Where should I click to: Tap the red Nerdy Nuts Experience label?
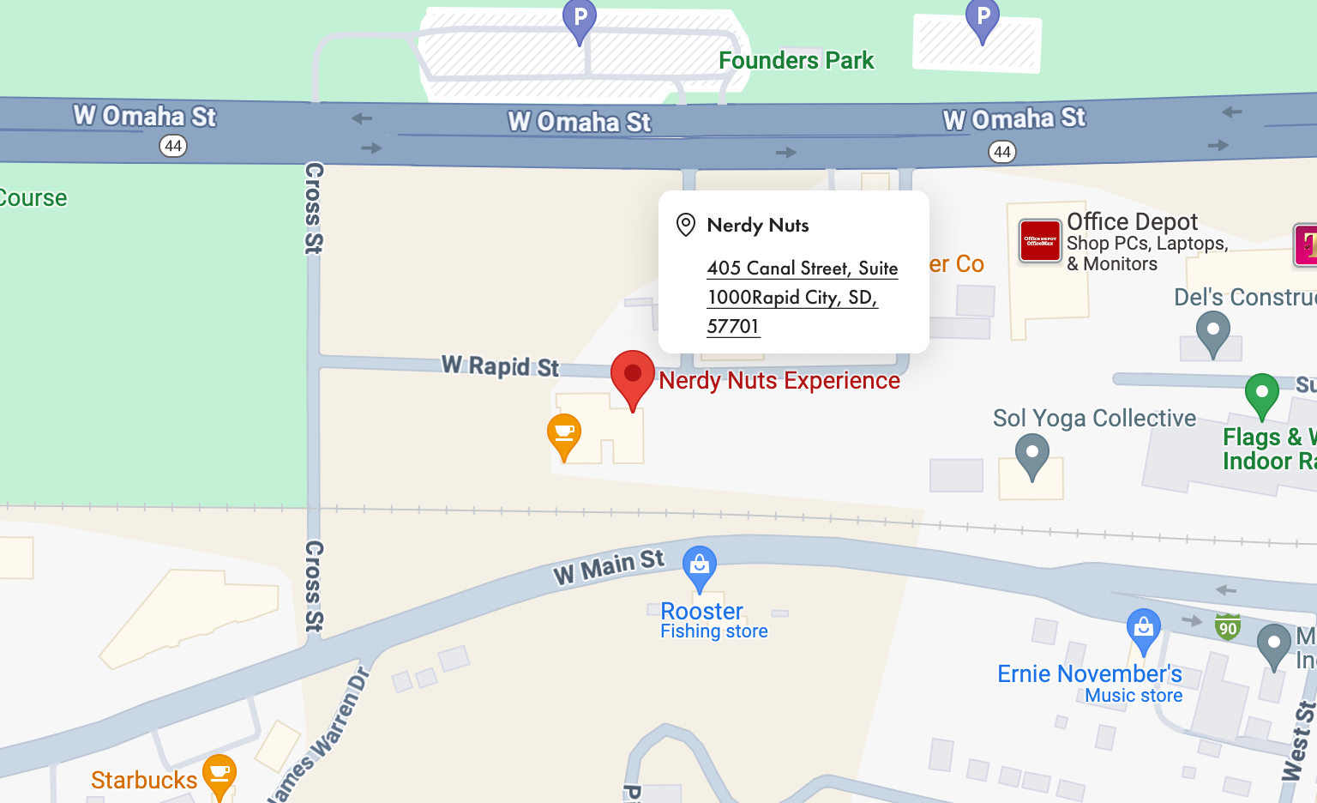pyautogui.click(x=779, y=381)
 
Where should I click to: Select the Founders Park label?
pyautogui.click(x=796, y=61)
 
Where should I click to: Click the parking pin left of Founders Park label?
pyautogui.click(x=580, y=20)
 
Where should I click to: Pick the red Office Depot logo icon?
pyautogui.click(x=1040, y=241)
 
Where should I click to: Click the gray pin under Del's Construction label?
pyautogui.click(x=1212, y=332)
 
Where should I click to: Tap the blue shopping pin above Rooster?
pyautogui.click(x=700, y=566)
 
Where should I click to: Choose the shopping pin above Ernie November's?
pyautogui.click(x=1143, y=629)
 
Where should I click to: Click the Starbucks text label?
pyautogui.click(x=144, y=780)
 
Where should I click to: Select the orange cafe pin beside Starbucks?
pyautogui.click(x=219, y=774)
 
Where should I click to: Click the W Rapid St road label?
pyautogui.click(x=500, y=366)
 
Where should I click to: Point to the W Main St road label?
pyautogui.click(x=609, y=566)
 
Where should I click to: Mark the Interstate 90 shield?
pyautogui.click(x=1228, y=627)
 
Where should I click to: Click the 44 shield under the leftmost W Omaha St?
pyautogui.click(x=173, y=146)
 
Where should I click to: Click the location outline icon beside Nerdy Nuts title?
pyautogui.click(x=685, y=225)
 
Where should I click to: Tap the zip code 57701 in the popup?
pyautogui.click(x=733, y=327)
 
